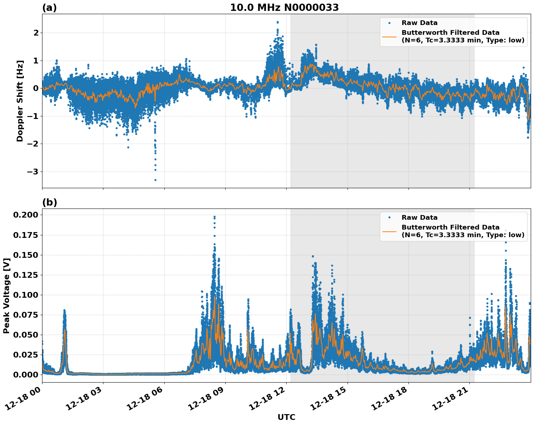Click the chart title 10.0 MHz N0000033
[x=284, y=8]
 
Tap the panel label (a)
[x=49, y=8]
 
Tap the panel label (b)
[x=50, y=202]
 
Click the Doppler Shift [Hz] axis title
[x=20, y=101]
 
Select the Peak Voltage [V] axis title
[x=6, y=296]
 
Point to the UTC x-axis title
[x=286, y=417]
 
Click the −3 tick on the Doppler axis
[x=33, y=172]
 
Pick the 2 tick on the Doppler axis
[x=36, y=33]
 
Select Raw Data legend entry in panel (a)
[x=419, y=23]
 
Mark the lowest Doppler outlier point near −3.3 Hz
[x=155, y=180]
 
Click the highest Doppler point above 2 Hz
[x=278, y=22]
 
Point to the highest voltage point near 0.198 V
[x=214, y=217]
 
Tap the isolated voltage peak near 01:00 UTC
[x=64, y=311]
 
